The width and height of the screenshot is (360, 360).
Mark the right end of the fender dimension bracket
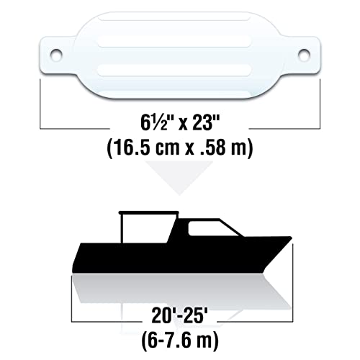[x=319, y=94]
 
